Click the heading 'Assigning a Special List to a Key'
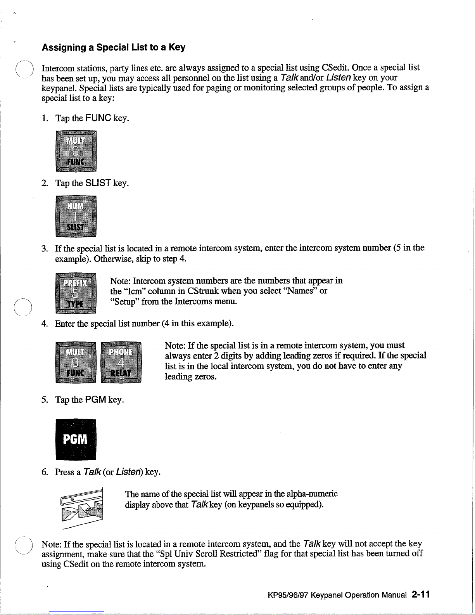[x=113, y=47]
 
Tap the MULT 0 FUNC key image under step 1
[x=76, y=151]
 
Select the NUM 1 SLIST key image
[x=76, y=217]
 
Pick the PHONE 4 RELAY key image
[x=121, y=362]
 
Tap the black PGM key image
[x=76, y=439]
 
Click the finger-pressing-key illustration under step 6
[x=83, y=506]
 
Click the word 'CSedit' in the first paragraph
[x=336, y=68]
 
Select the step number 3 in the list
[x=45, y=248]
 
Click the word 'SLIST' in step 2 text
[x=98, y=183]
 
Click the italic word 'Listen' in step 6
[x=130, y=472]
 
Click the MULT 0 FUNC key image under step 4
[x=76, y=362]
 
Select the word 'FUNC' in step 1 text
[x=98, y=118]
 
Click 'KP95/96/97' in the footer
[x=288, y=595]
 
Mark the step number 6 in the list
[x=45, y=472]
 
